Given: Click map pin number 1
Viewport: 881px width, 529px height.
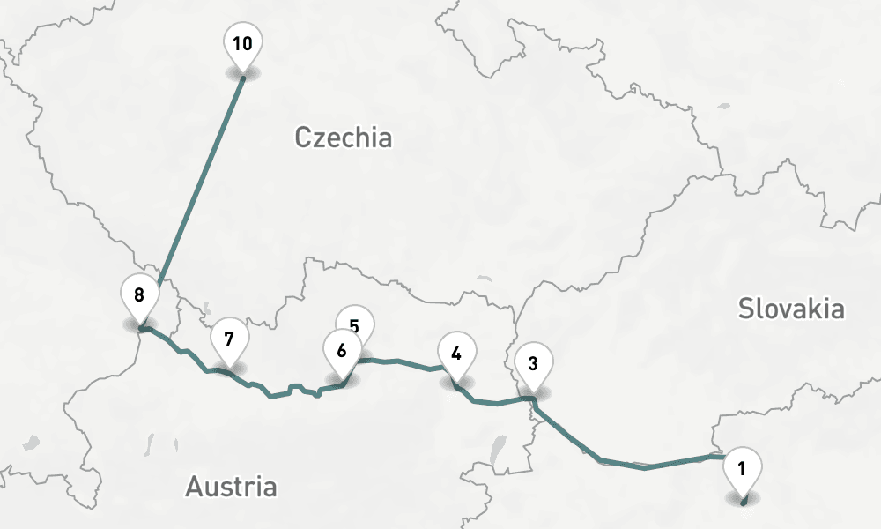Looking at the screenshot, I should point(742,468).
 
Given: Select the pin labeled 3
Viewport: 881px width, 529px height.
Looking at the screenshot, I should point(533,362).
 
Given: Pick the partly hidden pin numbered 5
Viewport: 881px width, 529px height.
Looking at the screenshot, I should point(354,319).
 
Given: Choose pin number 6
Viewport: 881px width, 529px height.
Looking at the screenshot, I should point(342,350).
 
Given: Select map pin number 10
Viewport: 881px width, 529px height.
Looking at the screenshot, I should point(243,43).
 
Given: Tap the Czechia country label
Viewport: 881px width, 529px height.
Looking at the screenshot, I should point(343,138).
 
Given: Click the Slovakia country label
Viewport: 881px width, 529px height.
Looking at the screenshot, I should point(791,309).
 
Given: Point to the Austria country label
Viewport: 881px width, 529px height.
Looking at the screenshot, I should point(231,486).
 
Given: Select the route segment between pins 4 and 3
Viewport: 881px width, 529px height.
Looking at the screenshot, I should point(498,404).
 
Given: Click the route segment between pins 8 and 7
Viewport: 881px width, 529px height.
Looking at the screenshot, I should point(181,351).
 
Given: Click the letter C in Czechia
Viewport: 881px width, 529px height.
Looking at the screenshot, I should point(303,138).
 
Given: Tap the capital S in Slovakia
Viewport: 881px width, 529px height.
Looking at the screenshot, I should point(747,309).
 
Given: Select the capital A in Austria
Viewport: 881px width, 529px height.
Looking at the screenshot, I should point(195,486).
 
